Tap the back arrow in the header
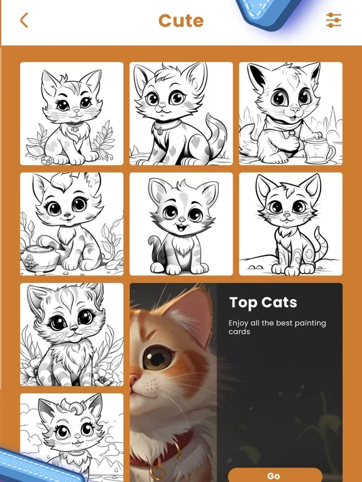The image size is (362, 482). [24, 21]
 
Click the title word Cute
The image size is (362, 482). [181, 21]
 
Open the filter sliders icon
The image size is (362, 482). [334, 20]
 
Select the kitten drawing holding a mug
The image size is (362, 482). [290, 114]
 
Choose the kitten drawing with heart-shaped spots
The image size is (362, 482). [181, 114]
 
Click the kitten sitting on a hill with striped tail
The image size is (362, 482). [290, 224]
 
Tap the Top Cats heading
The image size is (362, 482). [263, 303]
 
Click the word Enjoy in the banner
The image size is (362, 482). [240, 323]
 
